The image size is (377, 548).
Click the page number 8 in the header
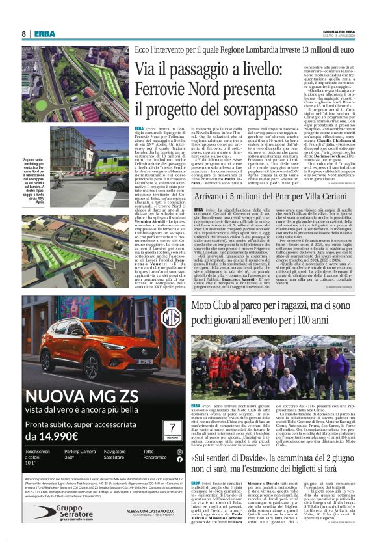pos(24,34)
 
